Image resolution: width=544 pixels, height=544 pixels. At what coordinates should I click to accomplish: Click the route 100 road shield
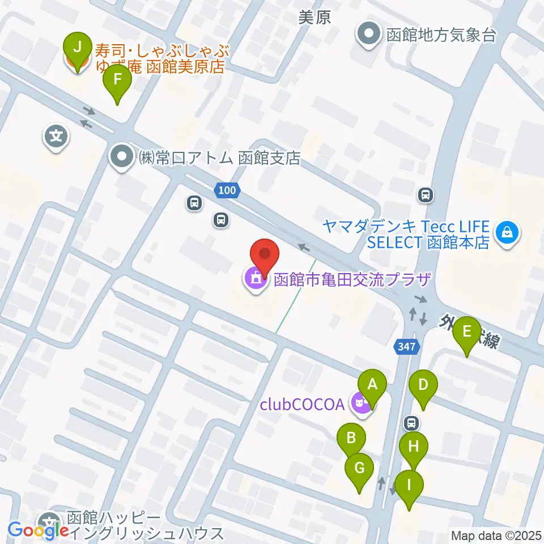pyautogui.click(x=227, y=191)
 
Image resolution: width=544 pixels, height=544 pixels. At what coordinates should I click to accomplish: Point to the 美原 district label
pyautogui.click(x=314, y=18)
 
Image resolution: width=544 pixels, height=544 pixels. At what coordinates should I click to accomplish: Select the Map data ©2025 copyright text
pyautogui.click(x=496, y=535)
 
